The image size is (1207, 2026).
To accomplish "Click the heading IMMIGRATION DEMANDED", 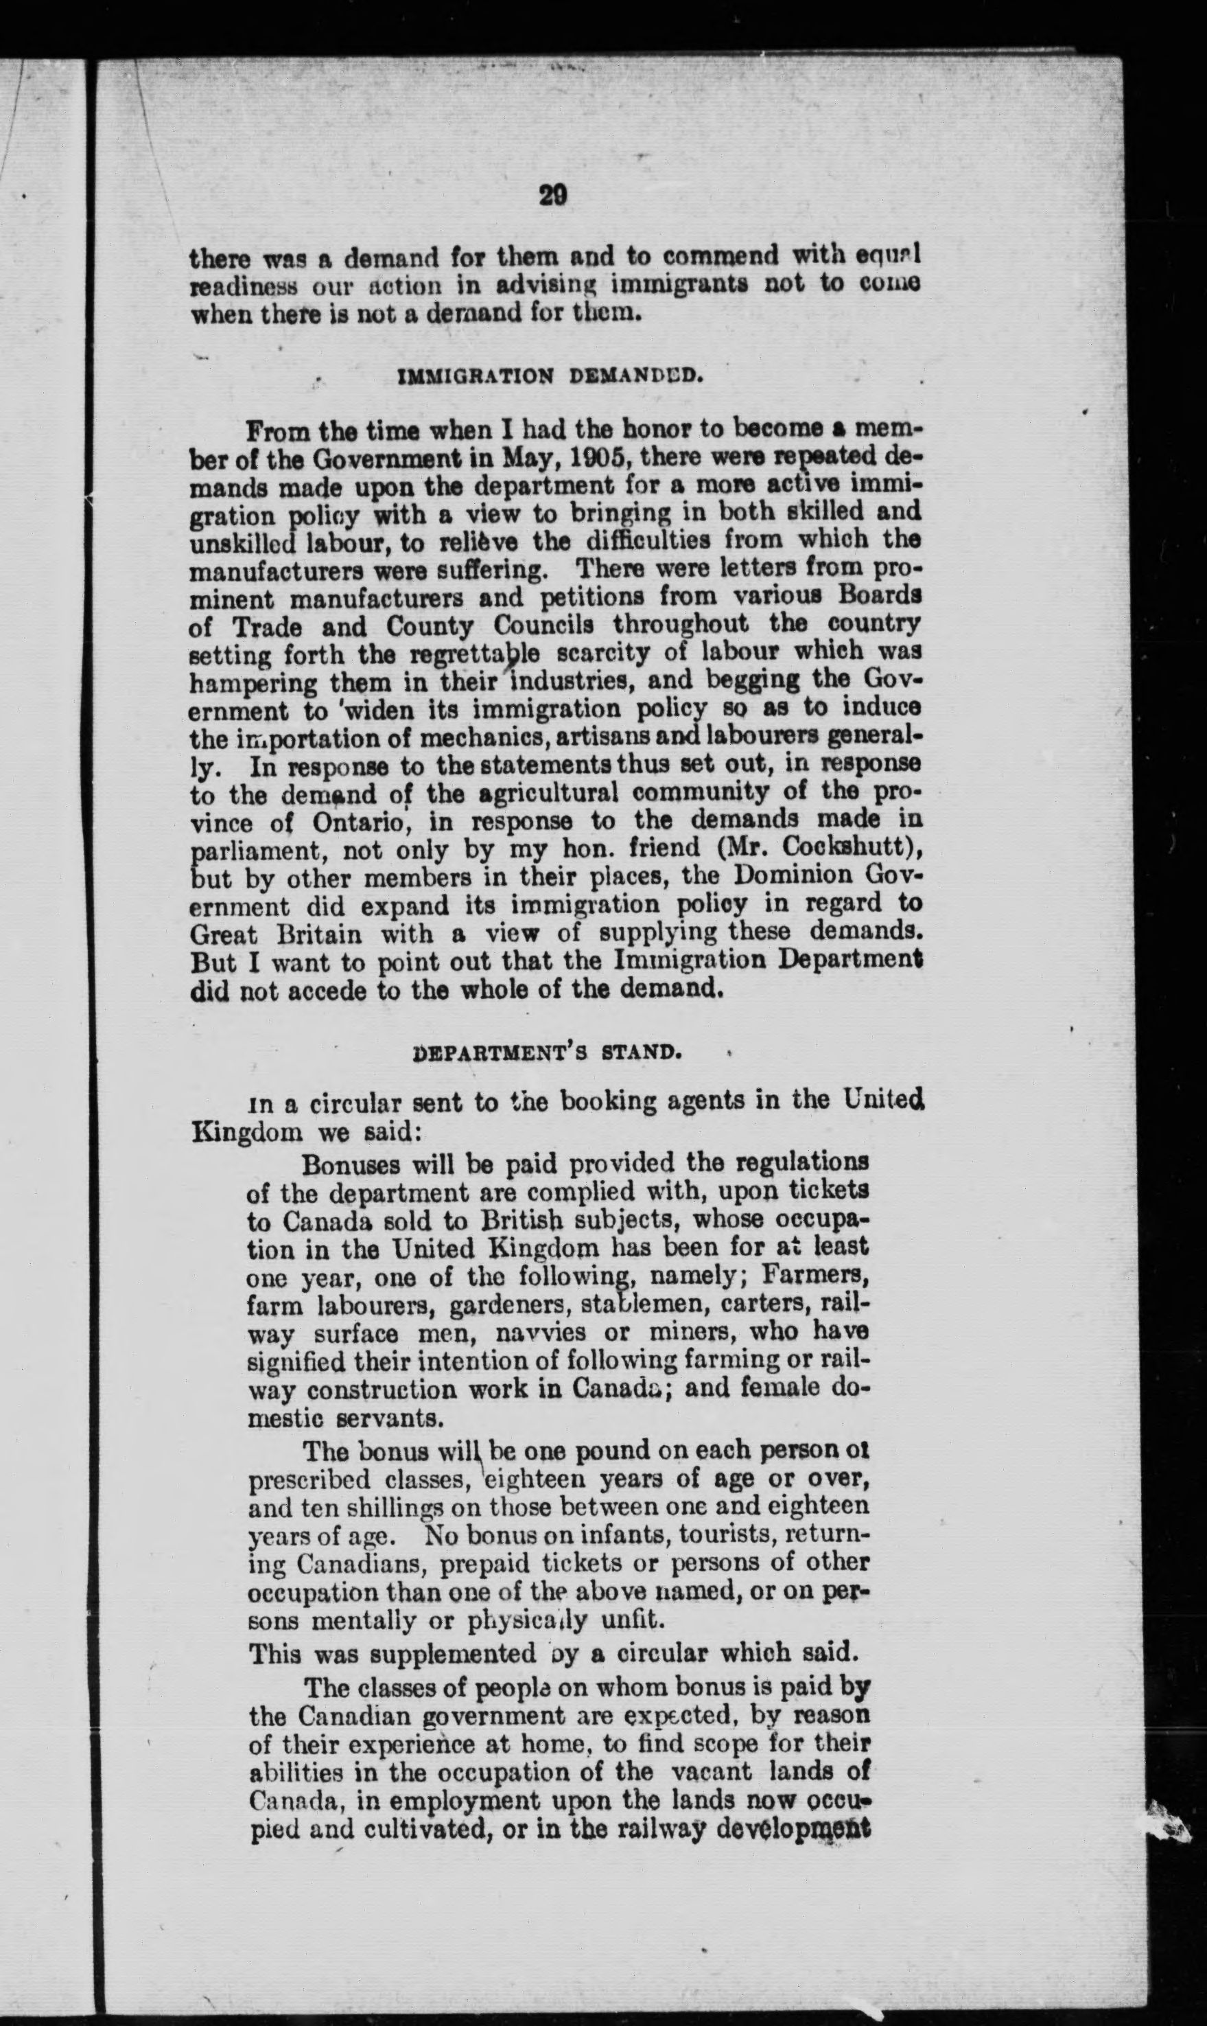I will [x=547, y=377].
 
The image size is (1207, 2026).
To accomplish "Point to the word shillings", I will [x=384, y=1508].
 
